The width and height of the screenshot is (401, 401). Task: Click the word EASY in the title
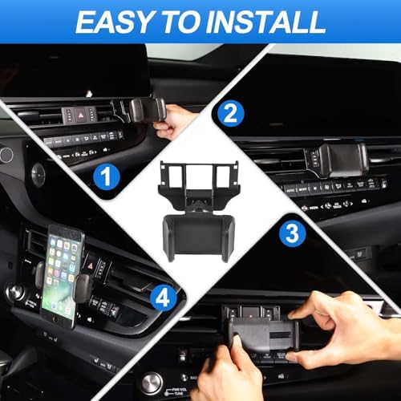click(x=111, y=22)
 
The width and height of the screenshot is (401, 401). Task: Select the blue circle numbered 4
click(x=164, y=299)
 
